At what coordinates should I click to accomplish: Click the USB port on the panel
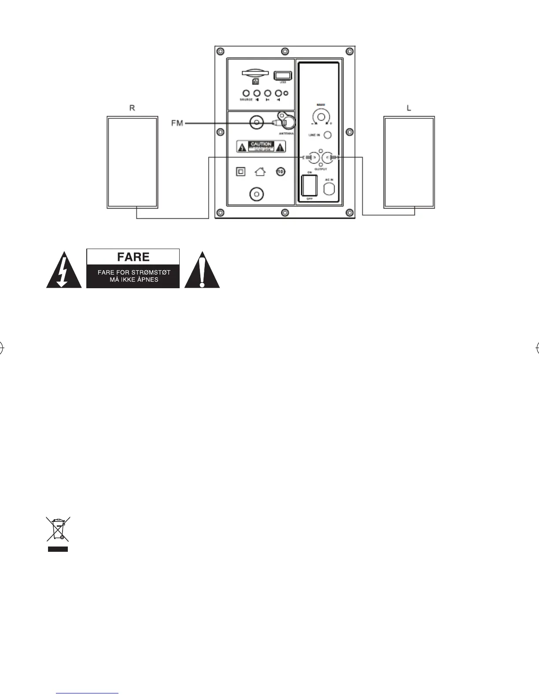click(x=282, y=76)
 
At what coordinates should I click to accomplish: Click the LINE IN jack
click(x=327, y=135)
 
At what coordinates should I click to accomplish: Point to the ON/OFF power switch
click(x=309, y=186)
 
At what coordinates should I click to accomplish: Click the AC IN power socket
click(x=329, y=189)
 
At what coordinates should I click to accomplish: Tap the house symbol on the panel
click(x=260, y=171)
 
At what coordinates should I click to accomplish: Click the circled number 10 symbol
click(x=281, y=171)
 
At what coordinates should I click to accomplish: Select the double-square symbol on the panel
click(x=240, y=171)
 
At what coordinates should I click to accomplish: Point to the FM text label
click(x=177, y=124)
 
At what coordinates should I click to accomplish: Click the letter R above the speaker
click(x=132, y=108)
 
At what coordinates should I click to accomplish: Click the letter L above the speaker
click(x=409, y=108)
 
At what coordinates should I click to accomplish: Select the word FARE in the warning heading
click(x=133, y=257)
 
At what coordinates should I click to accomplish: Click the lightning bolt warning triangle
click(x=64, y=272)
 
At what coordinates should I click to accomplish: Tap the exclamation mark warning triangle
click(x=202, y=272)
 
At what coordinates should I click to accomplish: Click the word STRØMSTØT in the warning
click(x=152, y=272)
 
